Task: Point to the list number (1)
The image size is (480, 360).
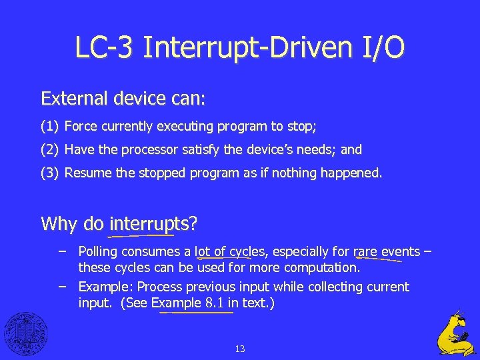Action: pyautogui.click(x=50, y=126)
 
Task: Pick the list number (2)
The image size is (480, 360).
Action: pyautogui.click(x=50, y=149)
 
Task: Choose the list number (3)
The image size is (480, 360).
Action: pyautogui.click(x=50, y=173)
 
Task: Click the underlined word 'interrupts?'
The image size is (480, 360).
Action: pyautogui.click(x=153, y=223)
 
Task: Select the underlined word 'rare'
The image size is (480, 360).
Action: pyautogui.click(x=365, y=252)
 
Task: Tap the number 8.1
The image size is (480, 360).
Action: pyautogui.click(x=213, y=303)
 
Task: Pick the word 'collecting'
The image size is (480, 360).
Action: pyautogui.click(x=321, y=287)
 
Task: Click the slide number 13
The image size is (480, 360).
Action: pyautogui.click(x=240, y=349)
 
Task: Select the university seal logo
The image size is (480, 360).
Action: pyautogui.click(x=26, y=333)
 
